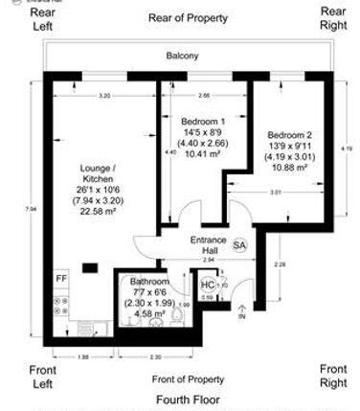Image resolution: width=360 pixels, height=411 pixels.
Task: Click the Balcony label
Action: (x=181, y=56)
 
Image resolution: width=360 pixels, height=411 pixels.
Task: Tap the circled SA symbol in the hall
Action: (x=238, y=246)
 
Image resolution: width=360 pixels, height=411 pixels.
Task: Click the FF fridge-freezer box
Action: (x=62, y=279)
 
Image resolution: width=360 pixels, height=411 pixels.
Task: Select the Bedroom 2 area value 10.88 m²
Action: (x=288, y=168)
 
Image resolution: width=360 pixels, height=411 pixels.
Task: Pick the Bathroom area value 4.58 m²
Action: (x=149, y=313)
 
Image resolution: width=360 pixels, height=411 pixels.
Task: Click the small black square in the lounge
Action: (x=93, y=266)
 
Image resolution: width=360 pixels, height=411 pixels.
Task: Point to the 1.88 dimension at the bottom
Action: (x=83, y=356)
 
